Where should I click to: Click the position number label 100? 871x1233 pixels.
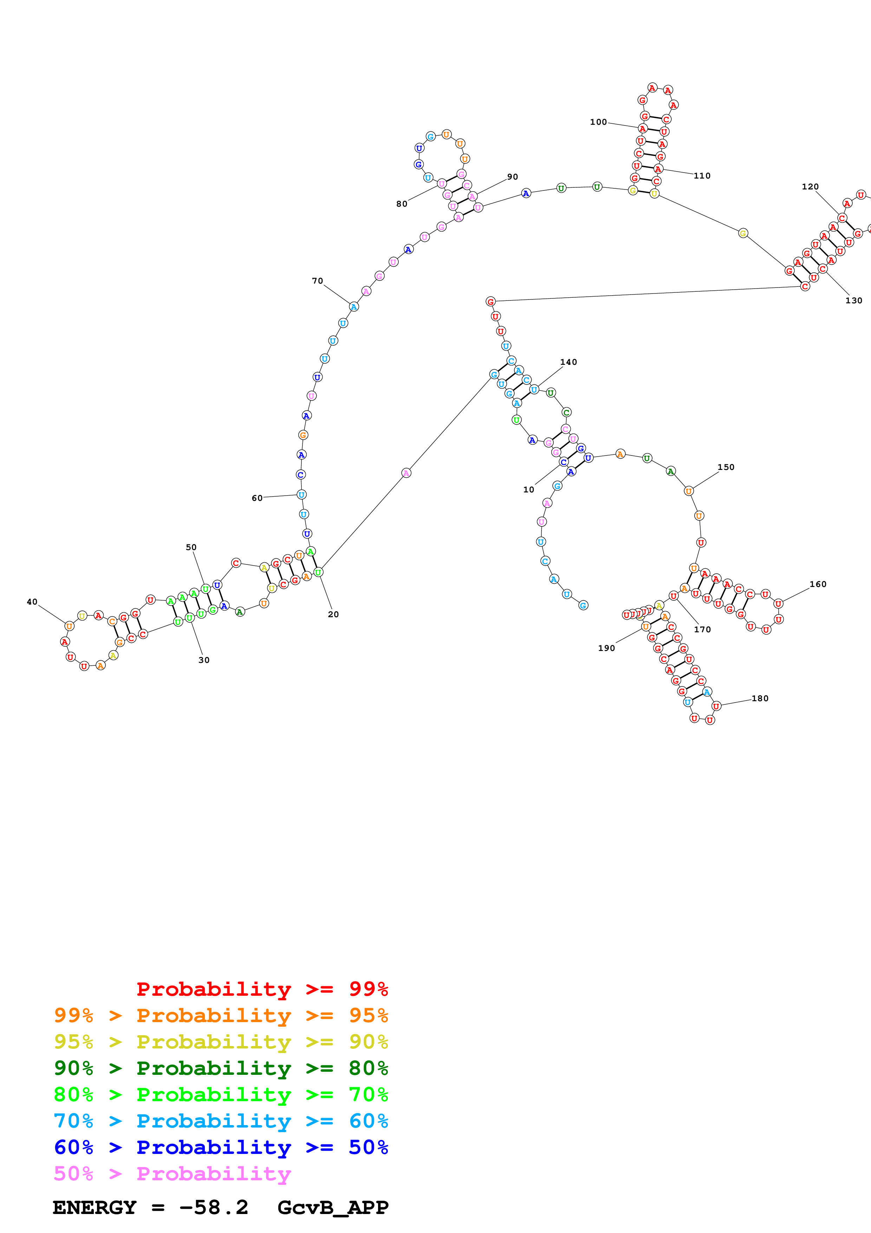tap(598, 122)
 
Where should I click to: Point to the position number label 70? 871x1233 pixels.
tap(317, 281)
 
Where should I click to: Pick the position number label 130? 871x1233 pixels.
tap(853, 301)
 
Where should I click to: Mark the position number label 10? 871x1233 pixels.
tap(529, 489)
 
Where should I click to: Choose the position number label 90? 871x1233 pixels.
tap(513, 177)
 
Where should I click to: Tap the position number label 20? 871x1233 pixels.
tap(333, 614)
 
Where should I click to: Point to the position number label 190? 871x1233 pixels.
tap(606, 648)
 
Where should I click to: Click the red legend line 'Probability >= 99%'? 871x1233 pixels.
tap(262, 989)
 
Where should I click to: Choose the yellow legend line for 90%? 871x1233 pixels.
tap(221, 1041)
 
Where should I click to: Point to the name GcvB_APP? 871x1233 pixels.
tap(333, 1207)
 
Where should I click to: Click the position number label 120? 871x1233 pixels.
tap(810, 187)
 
